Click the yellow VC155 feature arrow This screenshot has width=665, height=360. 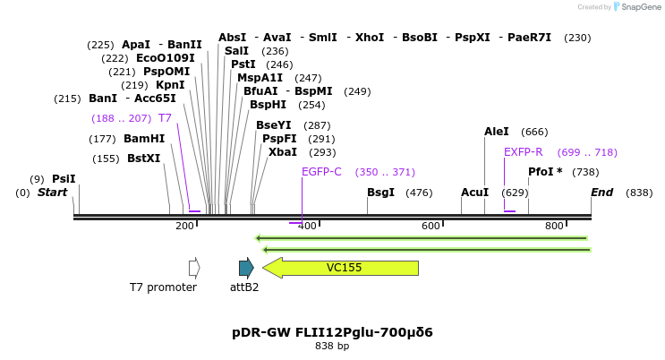pos(341,268)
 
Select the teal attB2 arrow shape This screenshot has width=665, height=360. pos(246,267)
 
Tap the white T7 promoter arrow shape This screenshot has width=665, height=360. pos(194,267)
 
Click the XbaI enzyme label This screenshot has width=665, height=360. pos(283,152)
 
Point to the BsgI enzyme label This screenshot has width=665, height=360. pos(380,193)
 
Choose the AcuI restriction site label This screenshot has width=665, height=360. pos(474,193)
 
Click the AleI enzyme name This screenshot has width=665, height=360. pos(497,132)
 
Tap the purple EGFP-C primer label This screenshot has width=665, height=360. pos(321,172)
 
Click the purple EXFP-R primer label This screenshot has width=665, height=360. pos(523,152)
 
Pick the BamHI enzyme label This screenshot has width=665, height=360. pos(144,139)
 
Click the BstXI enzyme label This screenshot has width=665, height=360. pos(143,159)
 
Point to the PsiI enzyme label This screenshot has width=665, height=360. pos(64,179)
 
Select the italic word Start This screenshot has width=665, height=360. pos(52,193)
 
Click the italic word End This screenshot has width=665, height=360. pos(601,193)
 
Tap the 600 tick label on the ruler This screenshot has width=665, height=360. pos(431,226)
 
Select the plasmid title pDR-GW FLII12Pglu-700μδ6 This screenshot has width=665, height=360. pos(332,332)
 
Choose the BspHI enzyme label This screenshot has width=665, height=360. pos(269,105)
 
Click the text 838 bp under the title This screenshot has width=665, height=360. pos(332,346)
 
